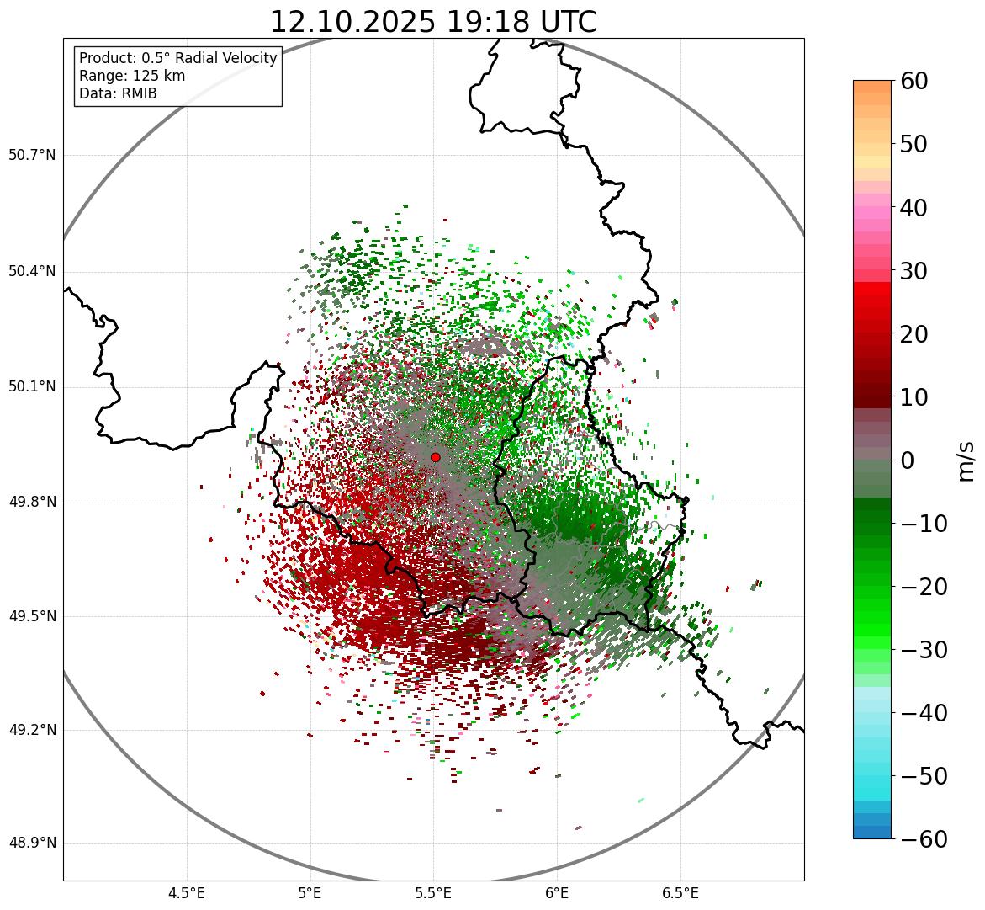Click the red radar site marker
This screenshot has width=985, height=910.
tap(435, 457)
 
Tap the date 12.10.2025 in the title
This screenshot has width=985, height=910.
tap(352, 22)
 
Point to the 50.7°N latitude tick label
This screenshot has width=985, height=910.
tap(32, 156)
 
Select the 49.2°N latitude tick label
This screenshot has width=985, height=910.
tap(32, 730)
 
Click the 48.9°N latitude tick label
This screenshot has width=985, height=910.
tap(32, 843)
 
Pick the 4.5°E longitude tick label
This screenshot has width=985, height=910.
tap(187, 893)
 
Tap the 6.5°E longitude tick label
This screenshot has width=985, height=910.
tap(680, 893)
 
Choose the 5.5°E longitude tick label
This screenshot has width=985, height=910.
tap(433, 893)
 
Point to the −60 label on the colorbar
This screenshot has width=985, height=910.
tap(920, 839)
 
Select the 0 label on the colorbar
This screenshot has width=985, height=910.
tap(908, 460)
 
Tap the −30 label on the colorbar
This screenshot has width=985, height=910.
tap(920, 650)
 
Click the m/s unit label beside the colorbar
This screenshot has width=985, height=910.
tap(966, 460)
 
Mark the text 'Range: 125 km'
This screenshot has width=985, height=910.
tap(132, 76)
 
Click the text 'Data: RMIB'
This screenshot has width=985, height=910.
tap(118, 93)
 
